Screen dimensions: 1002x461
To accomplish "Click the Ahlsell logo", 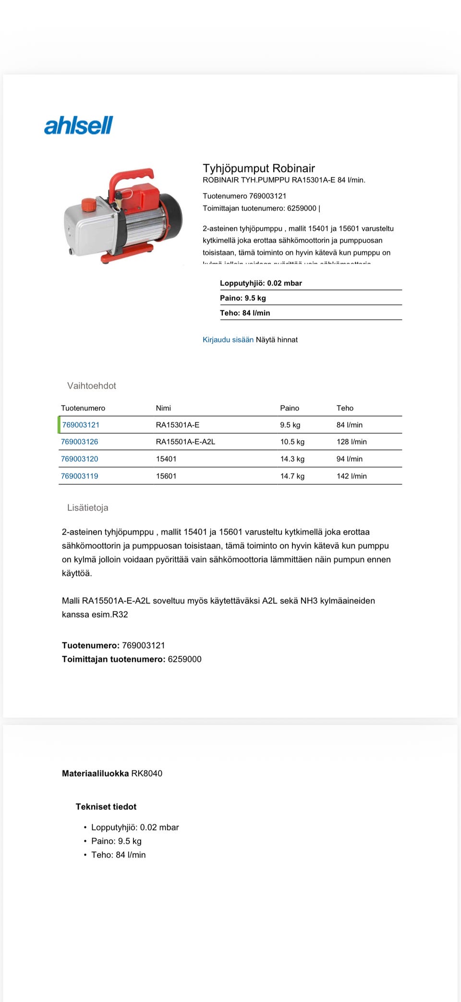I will [x=78, y=125].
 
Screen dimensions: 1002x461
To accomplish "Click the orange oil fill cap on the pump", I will [x=89, y=205].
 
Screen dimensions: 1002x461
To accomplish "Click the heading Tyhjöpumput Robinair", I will [x=259, y=168].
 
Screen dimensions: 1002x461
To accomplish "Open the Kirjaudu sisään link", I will [x=228, y=339].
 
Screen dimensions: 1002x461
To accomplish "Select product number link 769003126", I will [x=80, y=442].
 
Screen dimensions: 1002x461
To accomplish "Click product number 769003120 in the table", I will [x=80, y=459].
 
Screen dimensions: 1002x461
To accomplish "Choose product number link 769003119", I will [x=80, y=476].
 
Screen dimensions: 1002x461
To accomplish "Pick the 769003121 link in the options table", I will [x=81, y=425].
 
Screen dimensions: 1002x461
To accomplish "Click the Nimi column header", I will [x=163, y=408].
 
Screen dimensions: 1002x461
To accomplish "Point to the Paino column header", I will [x=290, y=408].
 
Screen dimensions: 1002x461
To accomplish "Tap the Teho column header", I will [x=345, y=408].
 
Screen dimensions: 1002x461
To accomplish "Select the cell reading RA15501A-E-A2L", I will [x=185, y=442].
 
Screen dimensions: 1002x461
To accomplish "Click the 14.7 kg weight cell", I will [x=292, y=476].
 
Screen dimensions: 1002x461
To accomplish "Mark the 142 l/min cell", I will [x=352, y=476].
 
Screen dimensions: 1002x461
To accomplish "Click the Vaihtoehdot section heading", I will [x=92, y=386].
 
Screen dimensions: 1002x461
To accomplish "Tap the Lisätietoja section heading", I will [x=88, y=507].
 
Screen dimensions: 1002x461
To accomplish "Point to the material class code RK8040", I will [x=147, y=773].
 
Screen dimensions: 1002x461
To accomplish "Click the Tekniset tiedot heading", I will [x=106, y=807].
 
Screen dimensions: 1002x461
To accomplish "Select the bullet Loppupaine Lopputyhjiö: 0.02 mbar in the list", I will [x=135, y=827].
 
